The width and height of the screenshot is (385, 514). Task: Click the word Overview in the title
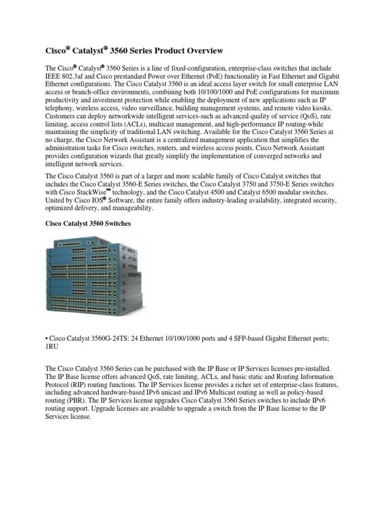pos(202,51)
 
